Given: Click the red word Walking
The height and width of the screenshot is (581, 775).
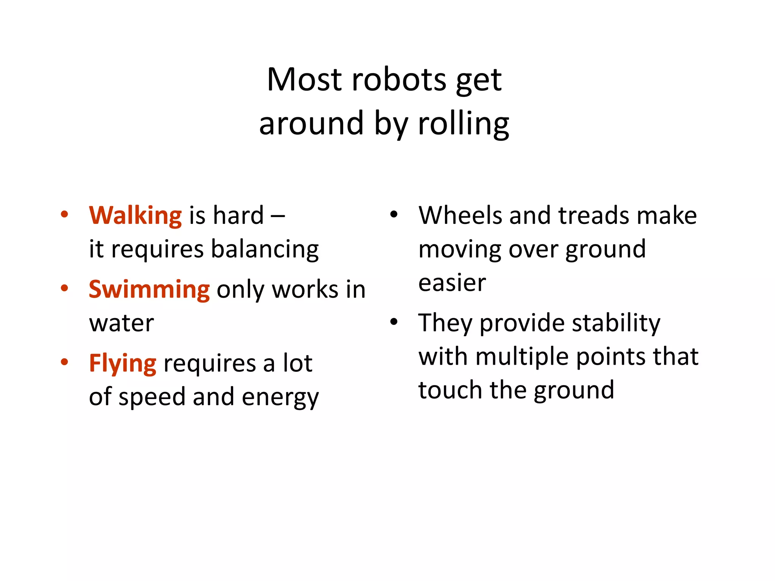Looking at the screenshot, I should [x=135, y=216].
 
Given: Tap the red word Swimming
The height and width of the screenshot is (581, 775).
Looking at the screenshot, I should [x=149, y=289].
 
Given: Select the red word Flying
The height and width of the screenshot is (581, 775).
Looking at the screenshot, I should [x=122, y=364].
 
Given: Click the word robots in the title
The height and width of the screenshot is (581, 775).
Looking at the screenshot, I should [x=399, y=80].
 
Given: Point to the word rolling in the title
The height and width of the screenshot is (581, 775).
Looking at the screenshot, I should [x=463, y=124].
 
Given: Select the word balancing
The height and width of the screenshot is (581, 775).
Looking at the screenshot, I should [x=265, y=250].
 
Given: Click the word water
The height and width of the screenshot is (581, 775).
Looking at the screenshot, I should [x=121, y=323].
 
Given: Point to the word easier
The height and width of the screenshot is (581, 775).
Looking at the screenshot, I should [x=452, y=283].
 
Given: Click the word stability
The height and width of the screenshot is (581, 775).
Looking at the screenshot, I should [x=616, y=323].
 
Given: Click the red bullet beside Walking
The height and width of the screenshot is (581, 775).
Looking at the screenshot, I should [x=64, y=214].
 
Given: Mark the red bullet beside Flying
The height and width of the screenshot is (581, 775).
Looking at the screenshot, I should [x=64, y=362].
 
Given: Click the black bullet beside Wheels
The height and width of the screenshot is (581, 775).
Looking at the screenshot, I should [x=394, y=214].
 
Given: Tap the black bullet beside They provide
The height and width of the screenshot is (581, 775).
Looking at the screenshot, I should [x=394, y=322].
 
